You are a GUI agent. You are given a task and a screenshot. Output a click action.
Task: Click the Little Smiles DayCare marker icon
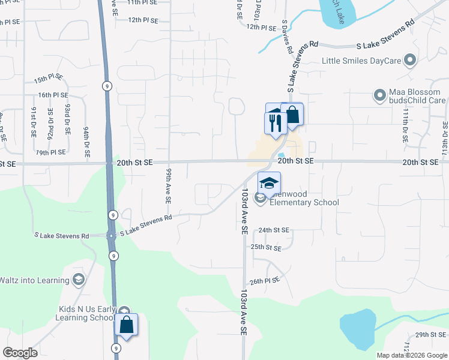click(411, 61)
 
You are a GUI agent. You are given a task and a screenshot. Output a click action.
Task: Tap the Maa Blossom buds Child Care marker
click(379, 95)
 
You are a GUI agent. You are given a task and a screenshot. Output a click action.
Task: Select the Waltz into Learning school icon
click(79, 279)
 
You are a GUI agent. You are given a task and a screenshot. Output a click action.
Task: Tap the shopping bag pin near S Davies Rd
click(292, 115)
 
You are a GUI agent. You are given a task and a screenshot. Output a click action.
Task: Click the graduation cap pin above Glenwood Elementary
click(270, 183)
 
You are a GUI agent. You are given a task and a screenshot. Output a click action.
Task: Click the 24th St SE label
click(274, 230)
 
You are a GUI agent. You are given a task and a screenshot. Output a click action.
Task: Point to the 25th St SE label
click(266, 247)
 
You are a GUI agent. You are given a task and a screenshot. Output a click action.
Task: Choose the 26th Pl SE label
click(265, 281)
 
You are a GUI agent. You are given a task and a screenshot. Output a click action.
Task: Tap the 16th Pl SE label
click(53, 95)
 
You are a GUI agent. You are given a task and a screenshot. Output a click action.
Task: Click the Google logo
click(20, 353)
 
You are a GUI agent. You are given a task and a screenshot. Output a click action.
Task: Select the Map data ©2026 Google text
click(411, 355)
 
